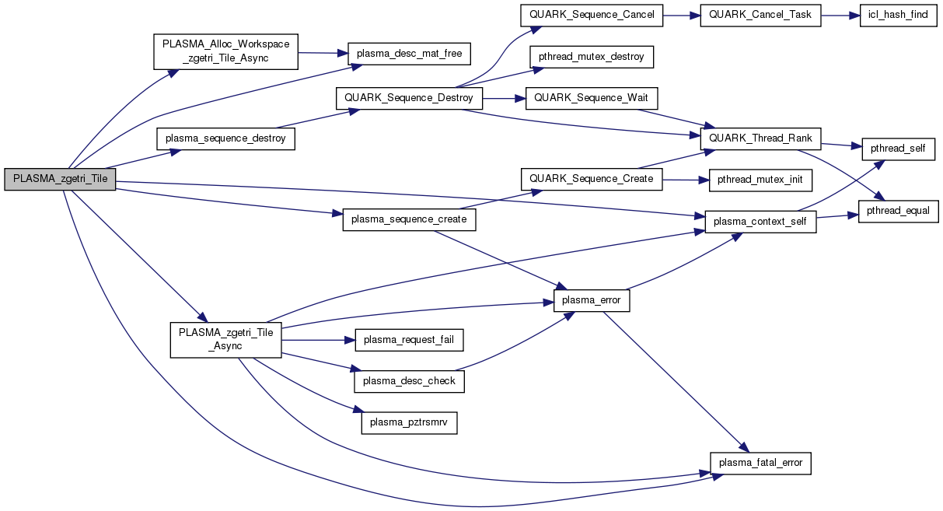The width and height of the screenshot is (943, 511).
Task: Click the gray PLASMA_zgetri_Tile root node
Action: pos(60,180)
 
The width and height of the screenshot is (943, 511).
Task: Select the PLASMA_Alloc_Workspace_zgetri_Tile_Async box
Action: pos(225,52)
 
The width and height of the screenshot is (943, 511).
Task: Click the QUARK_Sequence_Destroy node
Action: pos(409,99)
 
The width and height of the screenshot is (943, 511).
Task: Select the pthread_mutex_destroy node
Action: pos(592,58)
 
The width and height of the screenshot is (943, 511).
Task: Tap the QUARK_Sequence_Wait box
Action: pos(592,99)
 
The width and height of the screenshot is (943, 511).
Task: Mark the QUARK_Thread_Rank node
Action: pos(761,138)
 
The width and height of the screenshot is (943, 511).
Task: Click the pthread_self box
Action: pos(896,149)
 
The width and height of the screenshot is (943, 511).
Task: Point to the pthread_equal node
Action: pos(899,211)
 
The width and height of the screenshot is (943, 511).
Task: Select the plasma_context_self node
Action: pos(760,222)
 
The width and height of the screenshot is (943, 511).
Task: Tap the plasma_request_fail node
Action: pos(409,339)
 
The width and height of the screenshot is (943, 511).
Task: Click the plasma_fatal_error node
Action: pos(760,463)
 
